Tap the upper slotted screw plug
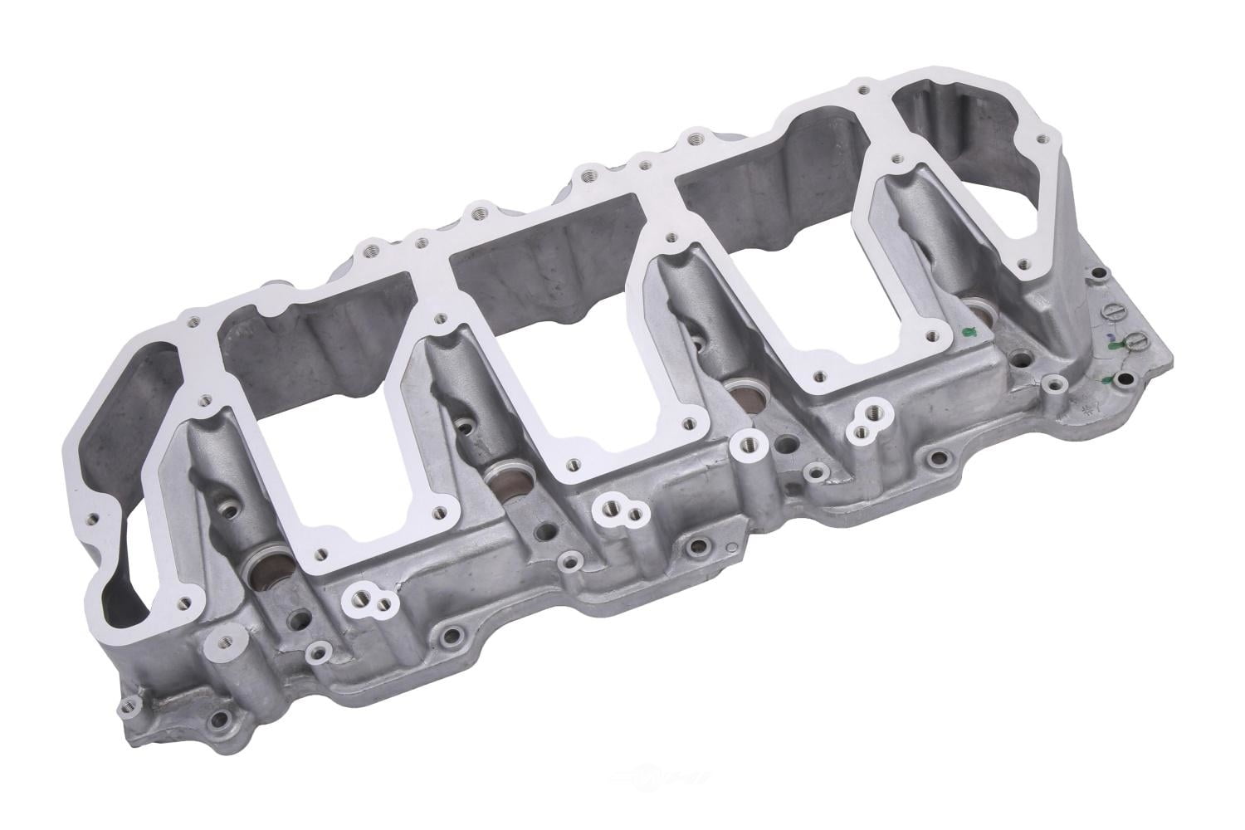pos(1114,311)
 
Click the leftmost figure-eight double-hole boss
pos(368,595)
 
